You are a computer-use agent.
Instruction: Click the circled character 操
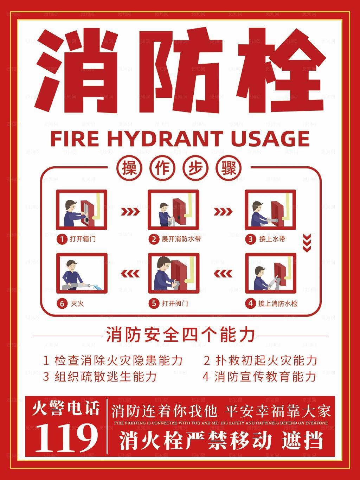pyautogui.click(x=129, y=168)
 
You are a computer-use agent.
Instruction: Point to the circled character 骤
pyautogui.click(x=230, y=168)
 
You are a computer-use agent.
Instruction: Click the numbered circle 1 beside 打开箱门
pyautogui.click(x=62, y=239)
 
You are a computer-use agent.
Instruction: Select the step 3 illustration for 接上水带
pyautogui.click(x=270, y=210)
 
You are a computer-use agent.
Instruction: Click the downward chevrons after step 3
pyautogui.click(x=307, y=243)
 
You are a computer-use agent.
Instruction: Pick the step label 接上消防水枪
pyautogui.click(x=278, y=303)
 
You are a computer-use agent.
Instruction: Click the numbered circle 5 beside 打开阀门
pyautogui.click(x=154, y=303)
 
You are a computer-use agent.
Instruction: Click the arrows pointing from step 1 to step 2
pyautogui.click(x=130, y=211)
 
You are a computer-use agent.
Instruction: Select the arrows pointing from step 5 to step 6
pyautogui.click(x=130, y=273)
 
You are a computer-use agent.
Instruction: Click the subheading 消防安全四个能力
pyautogui.click(x=180, y=334)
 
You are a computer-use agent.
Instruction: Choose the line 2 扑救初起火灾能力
pyautogui.click(x=260, y=360)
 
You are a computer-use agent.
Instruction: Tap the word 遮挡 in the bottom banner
pyautogui.click(x=302, y=440)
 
